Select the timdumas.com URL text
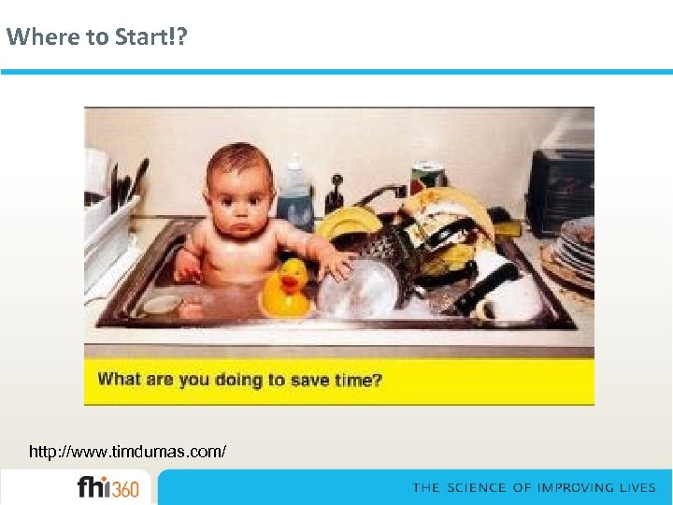[x=127, y=452]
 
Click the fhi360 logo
[x=107, y=488]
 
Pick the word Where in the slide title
[x=30, y=37]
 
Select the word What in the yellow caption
[x=118, y=380]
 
